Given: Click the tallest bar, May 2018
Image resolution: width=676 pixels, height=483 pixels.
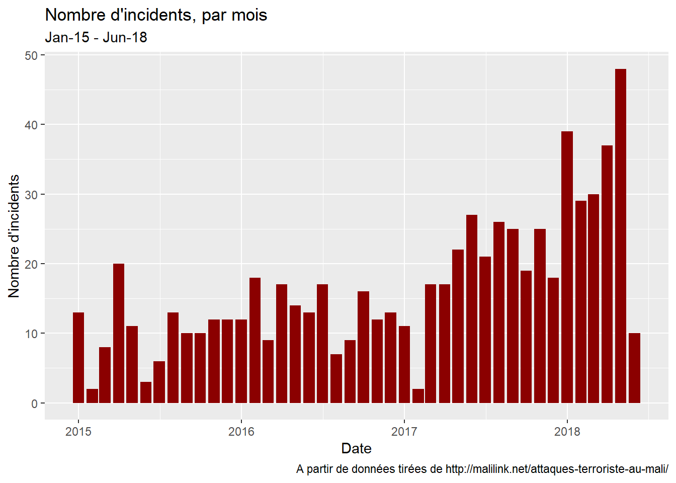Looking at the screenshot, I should (620, 236).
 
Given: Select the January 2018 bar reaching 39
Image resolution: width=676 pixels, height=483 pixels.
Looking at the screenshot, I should (567, 267).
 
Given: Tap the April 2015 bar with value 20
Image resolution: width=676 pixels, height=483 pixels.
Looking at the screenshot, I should (119, 333).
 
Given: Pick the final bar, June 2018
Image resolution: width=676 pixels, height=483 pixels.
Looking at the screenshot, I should (634, 368).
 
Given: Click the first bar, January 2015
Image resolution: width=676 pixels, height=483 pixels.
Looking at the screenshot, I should (78, 357).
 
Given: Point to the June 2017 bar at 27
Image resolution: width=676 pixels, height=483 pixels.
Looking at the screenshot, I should (472, 309).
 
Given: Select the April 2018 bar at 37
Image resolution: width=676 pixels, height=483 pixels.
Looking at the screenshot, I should (607, 274).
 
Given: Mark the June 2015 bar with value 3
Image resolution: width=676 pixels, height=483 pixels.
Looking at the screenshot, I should (146, 392).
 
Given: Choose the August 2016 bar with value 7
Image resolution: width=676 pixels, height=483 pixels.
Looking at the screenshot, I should (336, 378).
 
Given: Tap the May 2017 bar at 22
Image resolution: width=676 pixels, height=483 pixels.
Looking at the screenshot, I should (458, 326).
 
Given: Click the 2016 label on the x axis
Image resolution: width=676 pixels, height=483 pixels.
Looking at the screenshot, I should (241, 432).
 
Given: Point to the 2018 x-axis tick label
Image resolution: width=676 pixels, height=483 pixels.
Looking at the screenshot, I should (567, 432).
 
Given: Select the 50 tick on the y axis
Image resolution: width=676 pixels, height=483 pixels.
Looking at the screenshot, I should (31, 55).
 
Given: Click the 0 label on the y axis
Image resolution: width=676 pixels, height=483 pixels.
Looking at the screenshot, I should (34, 404).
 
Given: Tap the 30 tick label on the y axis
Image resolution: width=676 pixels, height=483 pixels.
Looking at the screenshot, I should (31, 195).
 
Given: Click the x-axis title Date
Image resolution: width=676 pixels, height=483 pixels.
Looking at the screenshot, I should (356, 448).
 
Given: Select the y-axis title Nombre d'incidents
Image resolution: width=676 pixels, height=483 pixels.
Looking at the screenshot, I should (14, 236).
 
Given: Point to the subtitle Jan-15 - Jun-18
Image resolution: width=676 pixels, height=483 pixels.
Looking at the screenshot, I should (96, 38).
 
